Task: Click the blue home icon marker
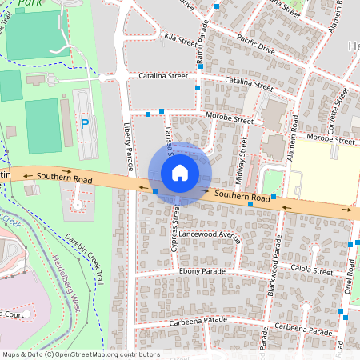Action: pyautogui.click(x=180, y=174)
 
